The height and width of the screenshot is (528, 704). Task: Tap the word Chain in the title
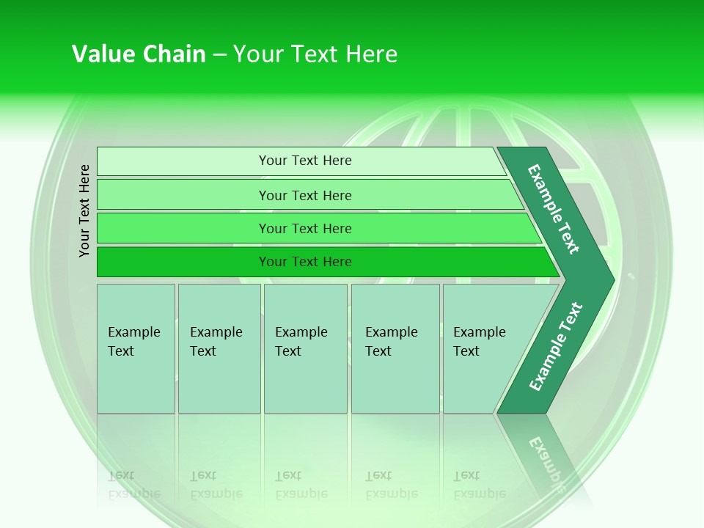[x=174, y=54]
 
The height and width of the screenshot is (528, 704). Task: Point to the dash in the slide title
[x=219, y=55]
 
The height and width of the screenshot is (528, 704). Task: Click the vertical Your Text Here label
[x=84, y=210]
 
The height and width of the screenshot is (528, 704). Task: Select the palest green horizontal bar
[x=301, y=161]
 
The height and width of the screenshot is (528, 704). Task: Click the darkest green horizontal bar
[x=323, y=262]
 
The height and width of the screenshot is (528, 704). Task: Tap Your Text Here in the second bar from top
[x=305, y=195]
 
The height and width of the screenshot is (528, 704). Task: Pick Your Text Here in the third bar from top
[x=305, y=229]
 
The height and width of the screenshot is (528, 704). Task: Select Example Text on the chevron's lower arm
[x=555, y=347]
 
